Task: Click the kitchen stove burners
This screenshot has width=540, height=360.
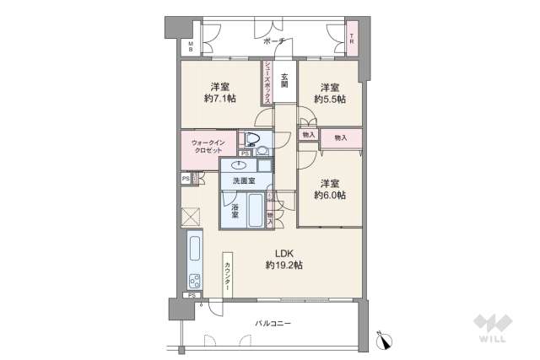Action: (x=194, y=282)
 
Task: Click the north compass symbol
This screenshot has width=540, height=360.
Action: (x=386, y=341)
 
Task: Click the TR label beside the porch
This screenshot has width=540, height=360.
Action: (x=352, y=36)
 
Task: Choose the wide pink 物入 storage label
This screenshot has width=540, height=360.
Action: (x=341, y=137)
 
